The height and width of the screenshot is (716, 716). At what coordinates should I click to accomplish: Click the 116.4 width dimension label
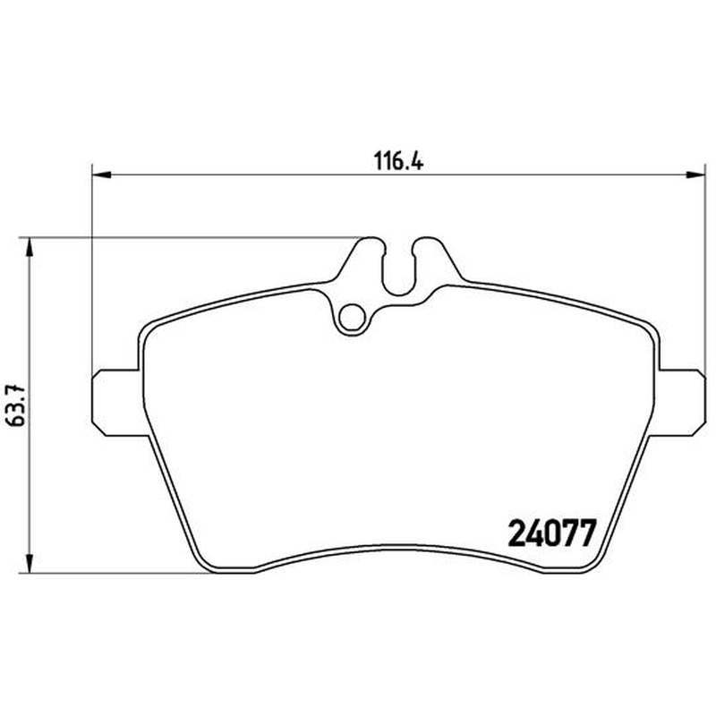pos(398,161)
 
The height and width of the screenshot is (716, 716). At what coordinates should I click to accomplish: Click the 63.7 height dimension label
pos(18,406)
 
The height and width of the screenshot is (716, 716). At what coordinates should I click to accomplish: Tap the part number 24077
pos(552,533)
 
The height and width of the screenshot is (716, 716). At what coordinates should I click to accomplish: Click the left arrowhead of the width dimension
pos(101,175)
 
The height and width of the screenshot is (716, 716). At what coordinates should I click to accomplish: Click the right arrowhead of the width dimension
pos(696,175)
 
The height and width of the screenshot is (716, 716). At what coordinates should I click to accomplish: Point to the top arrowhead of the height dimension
pos(30,247)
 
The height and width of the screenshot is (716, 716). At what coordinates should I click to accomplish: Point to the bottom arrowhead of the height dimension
pos(30,563)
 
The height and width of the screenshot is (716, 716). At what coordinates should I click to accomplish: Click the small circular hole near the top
pos(352,317)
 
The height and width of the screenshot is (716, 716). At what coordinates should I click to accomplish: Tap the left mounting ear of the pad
pos(116,402)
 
